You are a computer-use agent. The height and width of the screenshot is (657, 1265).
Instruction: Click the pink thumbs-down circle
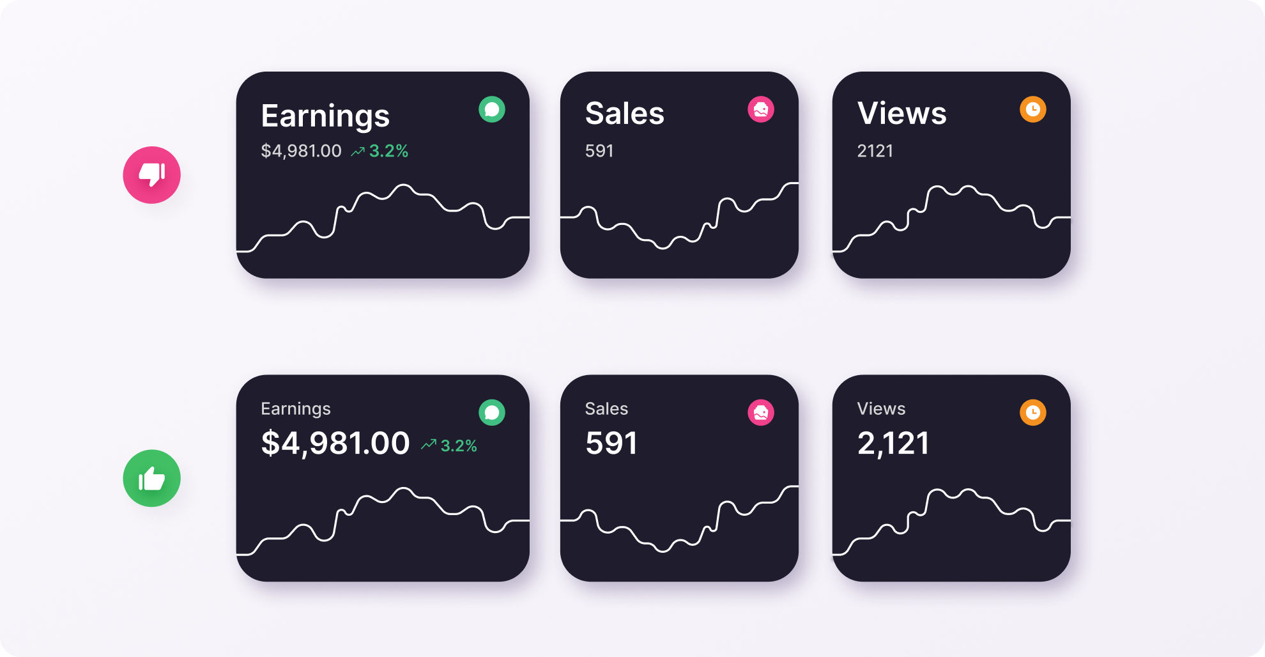click(x=151, y=175)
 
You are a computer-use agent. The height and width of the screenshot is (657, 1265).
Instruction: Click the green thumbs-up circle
click(x=151, y=478)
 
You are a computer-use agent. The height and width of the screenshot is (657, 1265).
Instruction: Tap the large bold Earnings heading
click(x=325, y=116)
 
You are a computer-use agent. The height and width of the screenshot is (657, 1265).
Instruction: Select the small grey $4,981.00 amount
click(x=301, y=151)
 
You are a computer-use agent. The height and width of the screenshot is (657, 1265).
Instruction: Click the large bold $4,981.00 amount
click(x=335, y=443)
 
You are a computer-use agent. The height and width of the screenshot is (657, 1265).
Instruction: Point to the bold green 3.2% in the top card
click(x=388, y=151)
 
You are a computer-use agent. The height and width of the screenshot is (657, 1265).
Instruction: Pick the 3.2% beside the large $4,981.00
click(x=458, y=445)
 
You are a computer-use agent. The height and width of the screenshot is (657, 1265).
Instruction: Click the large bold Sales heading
click(x=624, y=114)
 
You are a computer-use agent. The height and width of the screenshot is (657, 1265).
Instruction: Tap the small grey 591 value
click(x=599, y=151)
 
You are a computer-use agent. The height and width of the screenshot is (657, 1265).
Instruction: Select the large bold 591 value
click(x=611, y=443)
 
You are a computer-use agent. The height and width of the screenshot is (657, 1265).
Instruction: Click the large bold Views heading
click(x=901, y=114)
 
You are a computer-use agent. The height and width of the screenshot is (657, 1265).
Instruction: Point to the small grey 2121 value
click(x=875, y=151)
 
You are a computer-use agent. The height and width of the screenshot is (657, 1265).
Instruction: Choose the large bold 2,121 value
click(x=893, y=443)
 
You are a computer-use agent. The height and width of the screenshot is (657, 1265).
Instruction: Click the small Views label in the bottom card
click(x=881, y=408)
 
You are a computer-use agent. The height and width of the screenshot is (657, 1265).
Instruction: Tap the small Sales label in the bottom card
click(x=606, y=408)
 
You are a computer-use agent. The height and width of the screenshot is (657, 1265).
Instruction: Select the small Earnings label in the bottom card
click(x=295, y=408)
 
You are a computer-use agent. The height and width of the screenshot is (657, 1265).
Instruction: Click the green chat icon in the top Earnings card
click(x=492, y=109)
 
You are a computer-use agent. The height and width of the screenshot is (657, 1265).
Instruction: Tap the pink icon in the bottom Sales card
click(x=760, y=413)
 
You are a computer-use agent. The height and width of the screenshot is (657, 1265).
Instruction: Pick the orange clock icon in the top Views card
click(x=1032, y=109)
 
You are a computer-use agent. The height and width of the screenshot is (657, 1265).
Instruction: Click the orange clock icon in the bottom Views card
click(x=1032, y=413)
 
